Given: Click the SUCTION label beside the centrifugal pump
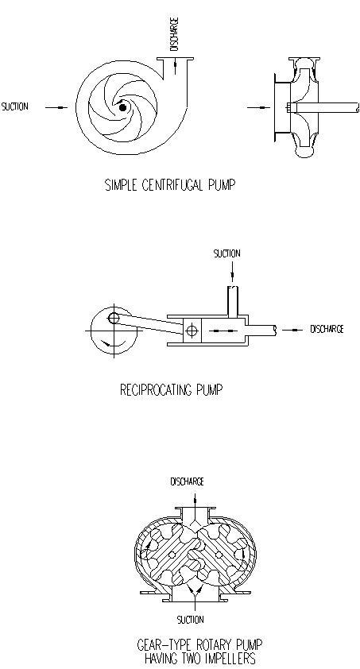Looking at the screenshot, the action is pos(15,106).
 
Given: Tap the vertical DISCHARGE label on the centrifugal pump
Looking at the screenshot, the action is pos(175,34).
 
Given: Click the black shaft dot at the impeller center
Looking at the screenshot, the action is pos(123,107).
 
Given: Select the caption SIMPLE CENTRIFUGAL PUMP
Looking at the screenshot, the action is pos(170,185).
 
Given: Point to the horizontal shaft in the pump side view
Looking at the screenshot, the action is pos(324,107).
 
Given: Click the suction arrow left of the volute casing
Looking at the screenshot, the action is pos(56,107).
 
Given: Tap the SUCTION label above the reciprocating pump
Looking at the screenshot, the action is pos(227,253).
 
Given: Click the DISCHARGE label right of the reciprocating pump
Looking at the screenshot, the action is pos(327,330).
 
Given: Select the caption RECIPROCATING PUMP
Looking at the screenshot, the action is pos(172,390).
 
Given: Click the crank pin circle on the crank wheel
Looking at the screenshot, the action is pos(114,318).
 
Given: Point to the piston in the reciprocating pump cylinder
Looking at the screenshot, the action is pos(192,331).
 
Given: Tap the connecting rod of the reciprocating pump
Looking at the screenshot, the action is pos(149,323).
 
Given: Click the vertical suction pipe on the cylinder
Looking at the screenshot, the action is pos(233,302).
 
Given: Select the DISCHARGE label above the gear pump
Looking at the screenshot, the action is pos(188,481).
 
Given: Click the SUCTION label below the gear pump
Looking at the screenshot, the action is pos(191,620).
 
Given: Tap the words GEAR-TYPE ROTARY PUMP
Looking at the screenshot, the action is pos(199,644).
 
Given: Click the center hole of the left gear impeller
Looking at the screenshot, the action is pos(172,555).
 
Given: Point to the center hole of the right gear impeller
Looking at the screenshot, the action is pos(219,555).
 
